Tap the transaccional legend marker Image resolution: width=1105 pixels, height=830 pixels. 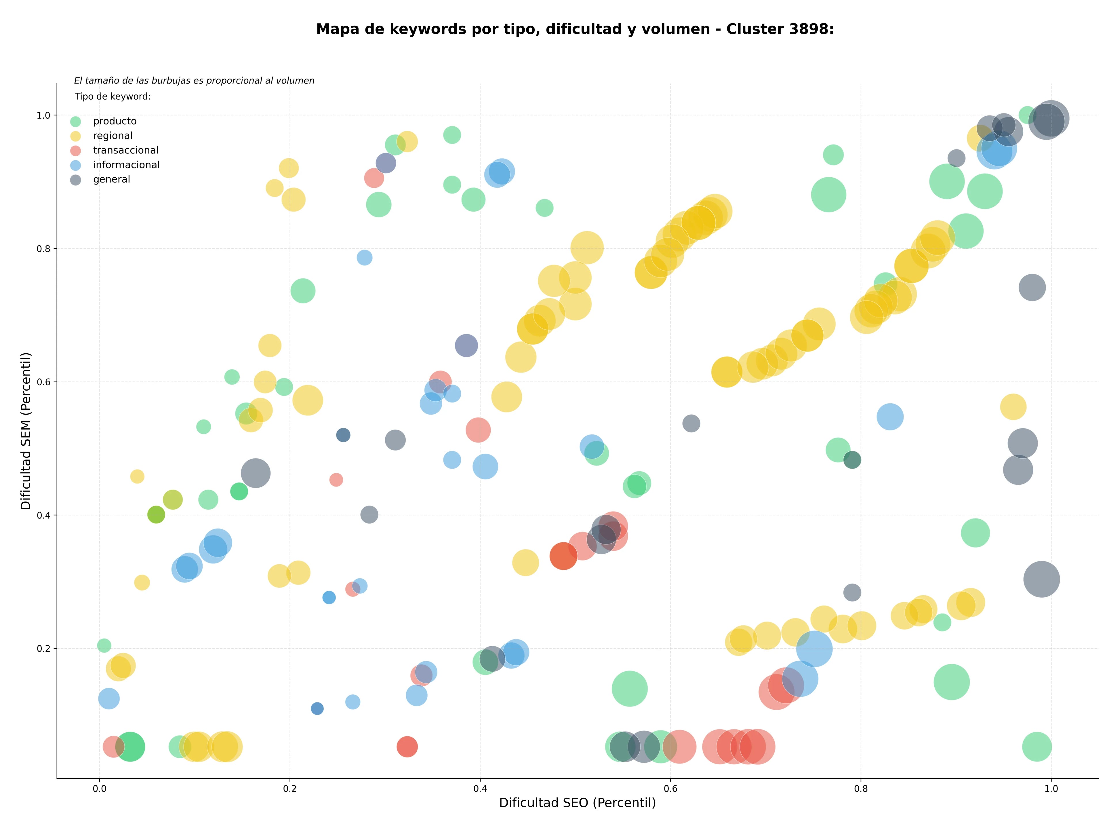point(75,150)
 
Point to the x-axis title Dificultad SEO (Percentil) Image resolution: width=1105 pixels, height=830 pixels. point(578,803)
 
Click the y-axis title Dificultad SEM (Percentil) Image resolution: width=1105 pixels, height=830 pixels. point(26,431)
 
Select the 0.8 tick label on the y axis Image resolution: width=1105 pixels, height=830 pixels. point(44,248)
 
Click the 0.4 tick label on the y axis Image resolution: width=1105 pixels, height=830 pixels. point(44,515)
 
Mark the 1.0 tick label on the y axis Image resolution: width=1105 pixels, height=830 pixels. point(44,115)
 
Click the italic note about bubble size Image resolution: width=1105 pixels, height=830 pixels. point(194,80)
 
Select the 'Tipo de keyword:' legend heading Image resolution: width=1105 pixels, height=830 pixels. point(113,96)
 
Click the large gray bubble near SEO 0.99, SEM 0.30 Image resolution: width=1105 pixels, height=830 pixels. point(1042,580)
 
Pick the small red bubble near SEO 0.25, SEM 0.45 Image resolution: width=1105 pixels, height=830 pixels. point(336,480)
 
